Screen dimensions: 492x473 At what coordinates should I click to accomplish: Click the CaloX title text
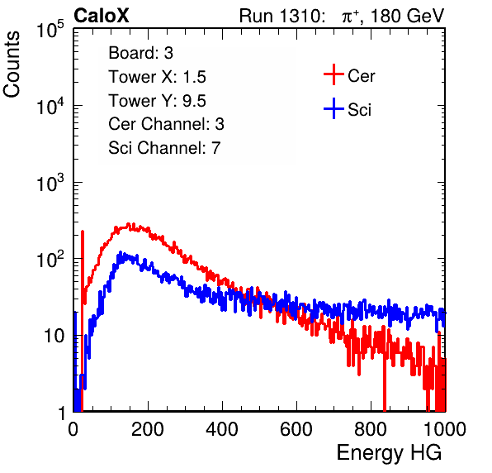click(x=102, y=16)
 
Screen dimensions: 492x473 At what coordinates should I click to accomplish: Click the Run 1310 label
click(x=281, y=16)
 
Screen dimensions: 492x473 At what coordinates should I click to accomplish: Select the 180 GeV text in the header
click(x=407, y=16)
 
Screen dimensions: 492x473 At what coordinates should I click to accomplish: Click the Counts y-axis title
click(x=12, y=64)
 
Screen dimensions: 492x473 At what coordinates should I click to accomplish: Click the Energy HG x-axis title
click(x=389, y=453)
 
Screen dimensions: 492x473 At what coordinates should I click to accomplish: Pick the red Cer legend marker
click(x=334, y=74)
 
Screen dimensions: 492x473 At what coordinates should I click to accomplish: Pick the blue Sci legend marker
click(x=334, y=109)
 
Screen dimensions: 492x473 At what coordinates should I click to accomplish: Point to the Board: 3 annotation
click(x=141, y=53)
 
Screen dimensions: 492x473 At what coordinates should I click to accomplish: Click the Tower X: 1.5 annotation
click(x=157, y=77)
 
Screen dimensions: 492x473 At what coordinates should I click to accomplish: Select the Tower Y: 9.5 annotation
click(x=157, y=101)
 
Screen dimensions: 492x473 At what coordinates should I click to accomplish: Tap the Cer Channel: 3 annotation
click(x=166, y=124)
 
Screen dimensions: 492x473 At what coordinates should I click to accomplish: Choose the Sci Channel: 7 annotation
click(x=164, y=148)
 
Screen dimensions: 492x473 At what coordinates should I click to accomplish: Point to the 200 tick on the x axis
click(x=148, y=429)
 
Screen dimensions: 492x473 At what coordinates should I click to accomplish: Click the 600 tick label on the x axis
click(x=296, y=429)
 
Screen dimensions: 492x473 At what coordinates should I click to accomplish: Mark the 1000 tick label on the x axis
click(x=445, y=429)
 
